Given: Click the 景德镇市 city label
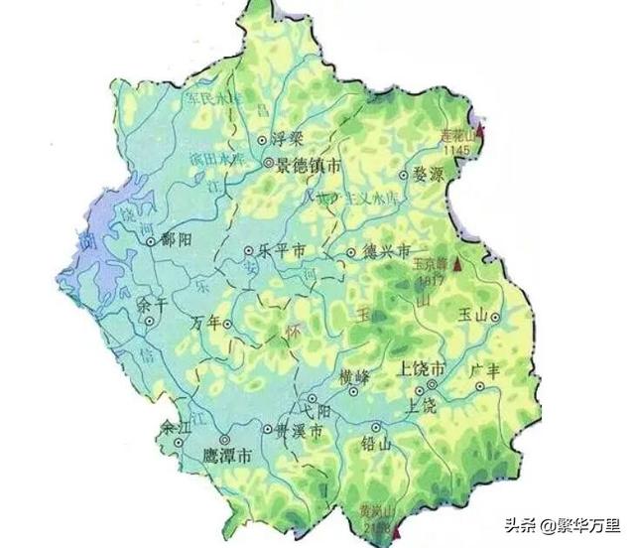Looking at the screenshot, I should tap(310, 165).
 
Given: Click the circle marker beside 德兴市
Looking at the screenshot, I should tap(350, 253).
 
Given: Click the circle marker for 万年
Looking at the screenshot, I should tap(228, 324).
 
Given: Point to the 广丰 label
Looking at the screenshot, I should tap(489, 370).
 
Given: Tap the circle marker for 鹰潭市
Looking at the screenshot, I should tap(224, 438).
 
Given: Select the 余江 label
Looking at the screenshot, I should tap(175, 428).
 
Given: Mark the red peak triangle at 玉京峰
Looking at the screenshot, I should tap(456, 266).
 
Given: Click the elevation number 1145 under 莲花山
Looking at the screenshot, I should tap(457, 149).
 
